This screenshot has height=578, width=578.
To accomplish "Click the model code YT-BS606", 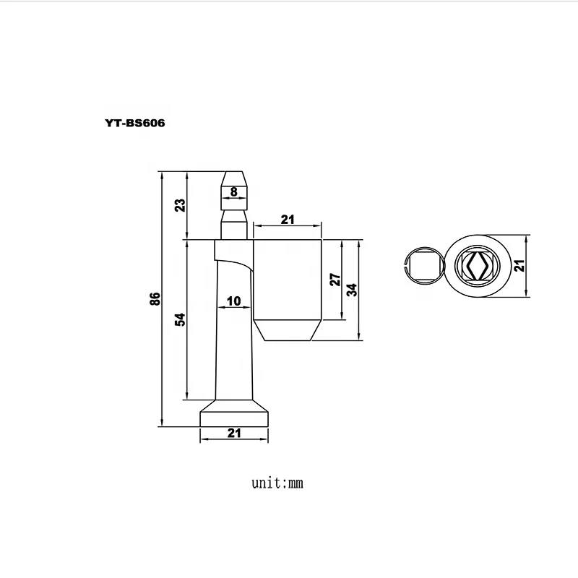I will pyautogui.click(x=135, y=123).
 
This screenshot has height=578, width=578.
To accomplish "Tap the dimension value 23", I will pyautogui.click(x=181, y=204).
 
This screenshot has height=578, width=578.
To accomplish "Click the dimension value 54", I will pyautogui.click(x=181, y=319).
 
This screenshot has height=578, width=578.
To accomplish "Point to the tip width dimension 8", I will pyautogui.click(x=233, y=191).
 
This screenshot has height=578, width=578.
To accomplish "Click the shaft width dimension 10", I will pyautogui.click(x=233, y=301).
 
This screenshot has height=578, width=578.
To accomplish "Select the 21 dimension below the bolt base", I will pyautogui.click(x=234, y=433).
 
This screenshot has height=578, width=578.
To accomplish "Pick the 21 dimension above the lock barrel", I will pyautogui.click(x=287, y=220).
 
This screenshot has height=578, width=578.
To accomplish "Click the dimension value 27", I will pyautogui.click(x=335, y=280).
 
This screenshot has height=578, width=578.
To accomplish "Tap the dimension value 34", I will pyautogui.click(x=352, y=289).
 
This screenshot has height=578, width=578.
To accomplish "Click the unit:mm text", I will pyautogui.click(x=277, y=483).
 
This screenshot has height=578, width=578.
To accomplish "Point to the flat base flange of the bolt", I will pyautogui.click(x=234, y=418).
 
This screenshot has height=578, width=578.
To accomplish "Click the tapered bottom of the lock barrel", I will pyautogui.click(x=287, y=332).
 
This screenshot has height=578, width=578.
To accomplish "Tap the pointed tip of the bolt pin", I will pyautogui.click(x=233, y=176).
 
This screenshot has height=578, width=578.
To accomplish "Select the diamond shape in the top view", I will pyautogui.click(x=477, y=266).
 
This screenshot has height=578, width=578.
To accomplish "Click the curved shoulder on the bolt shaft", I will pyautogui.click(x=235, y=262).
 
